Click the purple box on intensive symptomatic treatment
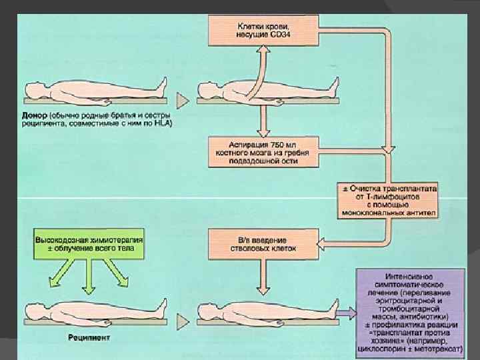[x=410, y=311]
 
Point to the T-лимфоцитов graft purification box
[x=389, y=198]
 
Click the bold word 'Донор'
[x=35, y=115]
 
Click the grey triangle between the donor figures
[x=181, y=101]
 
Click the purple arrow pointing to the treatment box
[x=345, y=311]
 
